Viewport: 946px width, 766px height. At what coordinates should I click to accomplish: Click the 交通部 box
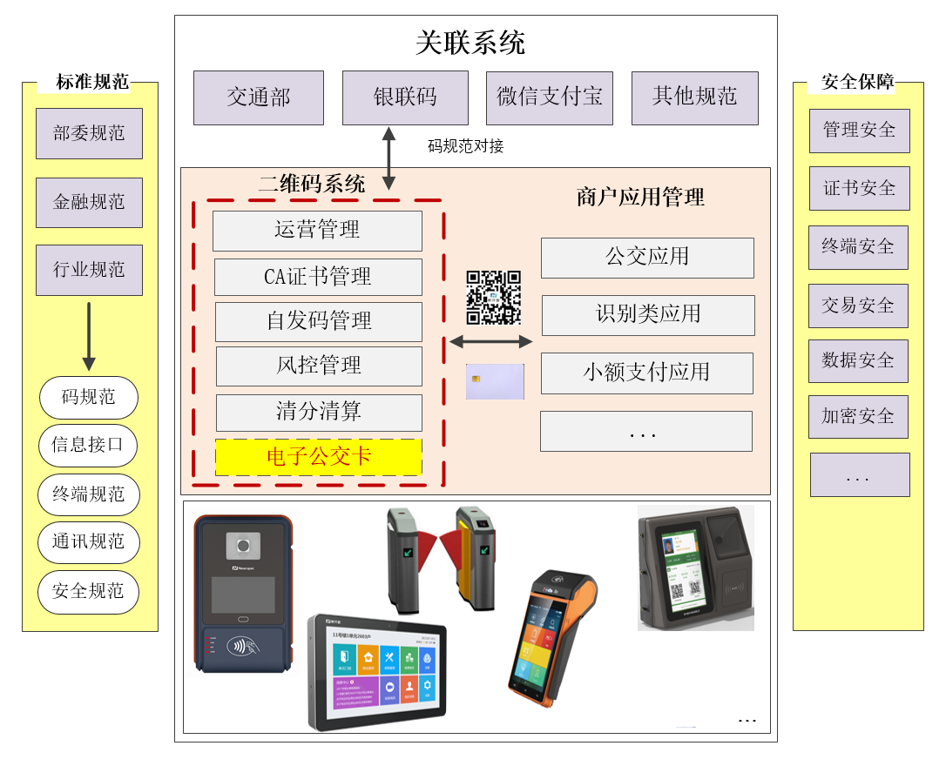259,97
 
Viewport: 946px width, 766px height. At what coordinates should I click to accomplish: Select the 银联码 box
405,97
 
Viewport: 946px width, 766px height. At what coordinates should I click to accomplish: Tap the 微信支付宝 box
550,97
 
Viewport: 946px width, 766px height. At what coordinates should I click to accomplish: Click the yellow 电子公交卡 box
319,457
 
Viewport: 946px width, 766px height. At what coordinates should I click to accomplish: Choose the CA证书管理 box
318,277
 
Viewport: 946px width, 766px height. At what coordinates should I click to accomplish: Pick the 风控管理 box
318,366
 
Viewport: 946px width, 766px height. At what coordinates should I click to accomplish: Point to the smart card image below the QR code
495,381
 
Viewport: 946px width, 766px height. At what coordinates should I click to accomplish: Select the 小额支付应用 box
646,373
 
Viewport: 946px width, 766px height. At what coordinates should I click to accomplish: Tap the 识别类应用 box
648,315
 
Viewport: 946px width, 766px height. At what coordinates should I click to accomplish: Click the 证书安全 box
859,188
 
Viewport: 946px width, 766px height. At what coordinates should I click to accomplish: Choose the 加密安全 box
858,417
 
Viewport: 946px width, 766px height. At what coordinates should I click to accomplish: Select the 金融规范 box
89,202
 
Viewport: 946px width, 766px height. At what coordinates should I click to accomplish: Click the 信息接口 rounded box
89,446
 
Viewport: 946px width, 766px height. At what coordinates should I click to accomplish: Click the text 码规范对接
465,146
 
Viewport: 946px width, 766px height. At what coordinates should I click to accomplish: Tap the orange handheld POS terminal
551,639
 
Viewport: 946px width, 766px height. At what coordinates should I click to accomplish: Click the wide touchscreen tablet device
376,670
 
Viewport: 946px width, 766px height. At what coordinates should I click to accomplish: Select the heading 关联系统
470,43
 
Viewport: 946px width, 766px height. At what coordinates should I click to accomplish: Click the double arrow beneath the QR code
491,342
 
